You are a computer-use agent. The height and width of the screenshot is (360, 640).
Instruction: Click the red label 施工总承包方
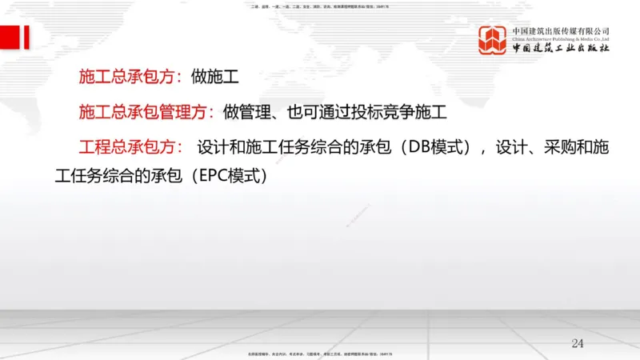pos(131,78)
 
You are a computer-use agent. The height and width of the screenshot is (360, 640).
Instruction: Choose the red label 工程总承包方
pos(131,149)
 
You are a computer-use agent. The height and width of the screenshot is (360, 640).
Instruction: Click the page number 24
pos(578,343)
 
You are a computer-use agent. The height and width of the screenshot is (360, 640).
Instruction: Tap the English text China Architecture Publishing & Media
pos(561,38)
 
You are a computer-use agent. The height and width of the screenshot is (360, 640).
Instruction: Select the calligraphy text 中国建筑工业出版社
pos(561,49)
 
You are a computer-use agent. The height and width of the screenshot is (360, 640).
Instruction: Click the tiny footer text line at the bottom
pos(320,353)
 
